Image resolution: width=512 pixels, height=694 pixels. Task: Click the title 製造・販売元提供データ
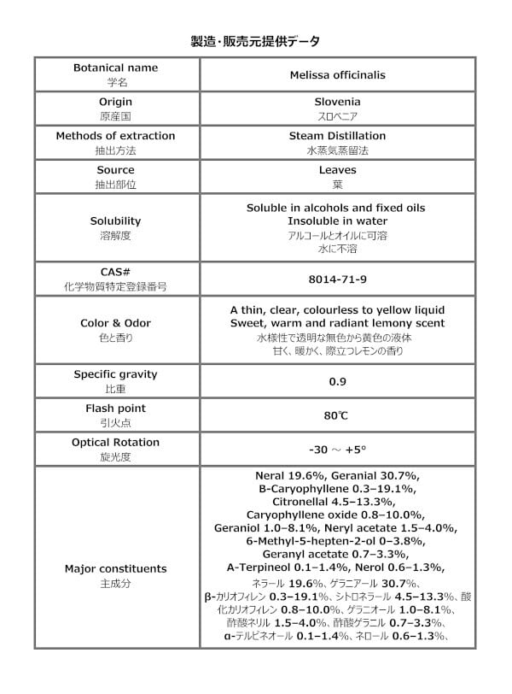click(x=255, y=40)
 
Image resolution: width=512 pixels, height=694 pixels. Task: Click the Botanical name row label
click(x=115, y=68)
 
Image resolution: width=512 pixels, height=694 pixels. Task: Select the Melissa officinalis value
click(x=337, y=75)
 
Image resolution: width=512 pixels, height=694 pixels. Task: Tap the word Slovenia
click(x=337, y=102)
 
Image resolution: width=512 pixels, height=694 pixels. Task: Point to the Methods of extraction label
click(x=115, y=135)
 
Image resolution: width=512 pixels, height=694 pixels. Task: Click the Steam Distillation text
click(x=337, y=135)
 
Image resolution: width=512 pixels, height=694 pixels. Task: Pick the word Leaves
click(x=337, y=170)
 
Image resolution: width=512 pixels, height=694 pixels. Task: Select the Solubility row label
click(x=115, y=221)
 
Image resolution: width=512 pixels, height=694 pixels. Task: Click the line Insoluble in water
click(x=337, y=221)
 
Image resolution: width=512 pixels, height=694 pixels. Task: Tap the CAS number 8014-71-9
click(x=337, y=279)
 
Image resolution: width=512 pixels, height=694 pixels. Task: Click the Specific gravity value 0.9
click(x=337, y=381)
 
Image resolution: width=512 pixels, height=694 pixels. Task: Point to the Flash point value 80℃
click(x=337, y=415)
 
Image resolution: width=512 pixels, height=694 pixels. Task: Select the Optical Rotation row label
click(x=115, y=442)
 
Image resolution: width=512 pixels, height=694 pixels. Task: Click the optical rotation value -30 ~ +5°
click(x=337, y=450)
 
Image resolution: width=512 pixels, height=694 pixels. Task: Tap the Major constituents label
click(x=115, y=568)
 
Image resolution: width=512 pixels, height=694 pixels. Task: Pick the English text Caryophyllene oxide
click(x=299, y=515)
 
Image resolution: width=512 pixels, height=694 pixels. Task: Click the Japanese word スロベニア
click(x=337, y=115)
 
